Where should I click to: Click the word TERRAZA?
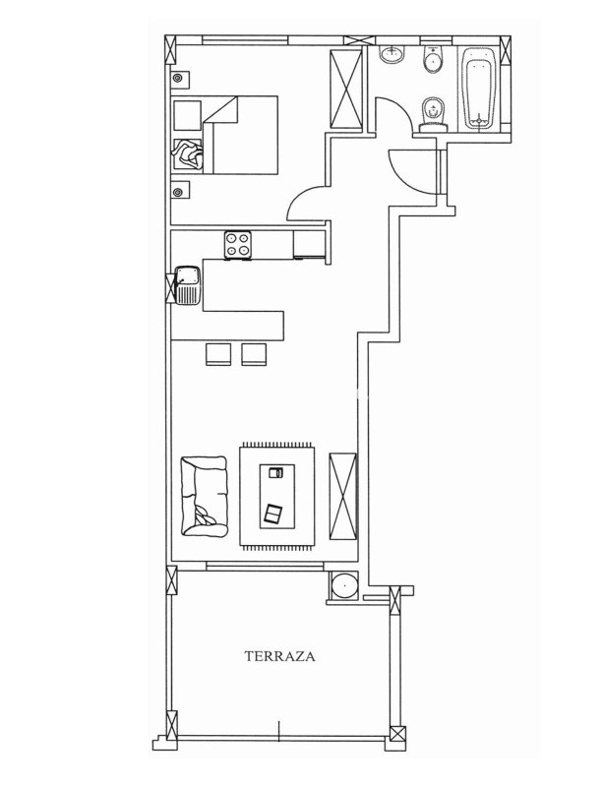point(279,656)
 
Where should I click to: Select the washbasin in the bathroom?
point(392,54)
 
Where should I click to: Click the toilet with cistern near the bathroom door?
point(434,115)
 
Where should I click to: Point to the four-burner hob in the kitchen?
point(237,244)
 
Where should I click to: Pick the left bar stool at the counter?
point(218,354)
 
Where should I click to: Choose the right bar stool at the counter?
point(254,354)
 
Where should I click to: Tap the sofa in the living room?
point(204,496)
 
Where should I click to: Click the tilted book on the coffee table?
point(273,515)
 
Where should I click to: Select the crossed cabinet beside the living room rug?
point(343,497)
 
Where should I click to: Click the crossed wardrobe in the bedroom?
point(346,90)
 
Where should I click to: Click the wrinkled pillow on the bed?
point(187,154)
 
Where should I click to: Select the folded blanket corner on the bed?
point(221,109)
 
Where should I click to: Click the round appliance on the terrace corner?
point(344,585)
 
